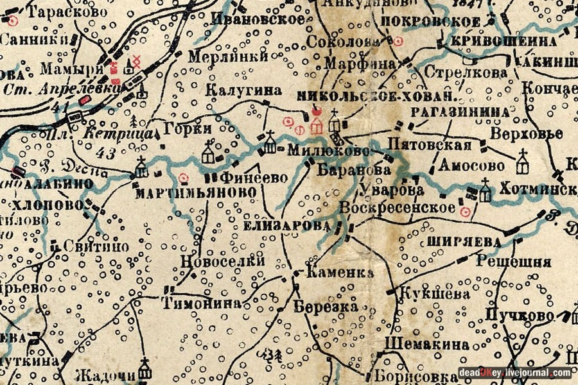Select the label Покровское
tap(430, 21)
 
